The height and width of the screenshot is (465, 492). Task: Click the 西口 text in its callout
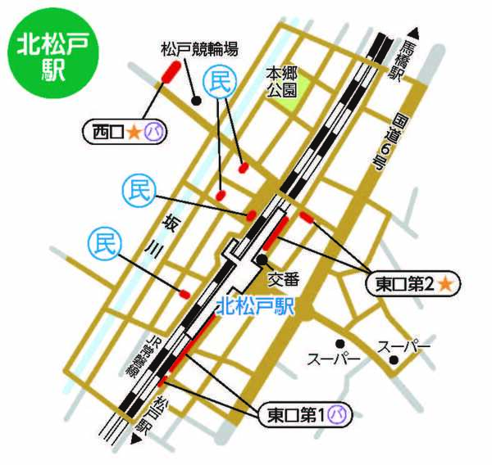[x=107, y=129]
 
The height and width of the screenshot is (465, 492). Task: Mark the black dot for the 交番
[x=260, y=260]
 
